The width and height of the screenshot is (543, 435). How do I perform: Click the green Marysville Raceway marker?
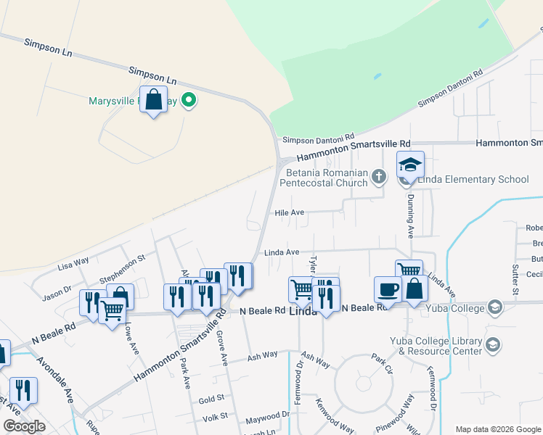tap(189, 100)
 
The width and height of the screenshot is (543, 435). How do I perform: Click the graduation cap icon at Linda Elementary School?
tap(410, 165)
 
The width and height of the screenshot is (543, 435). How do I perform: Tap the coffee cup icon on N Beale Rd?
tap(388, 289)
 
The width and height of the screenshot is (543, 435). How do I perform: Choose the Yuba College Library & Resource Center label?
tap(440, 346)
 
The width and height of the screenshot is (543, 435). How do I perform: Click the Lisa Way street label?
tap(73, 262)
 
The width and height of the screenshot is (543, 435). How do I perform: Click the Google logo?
tap(24, 426)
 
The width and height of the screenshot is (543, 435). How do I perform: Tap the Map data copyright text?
tap(498, 429)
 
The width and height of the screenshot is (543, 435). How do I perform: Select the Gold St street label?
tap(211, 399)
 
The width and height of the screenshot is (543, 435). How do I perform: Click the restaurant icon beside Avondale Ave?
tap(23, 390)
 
